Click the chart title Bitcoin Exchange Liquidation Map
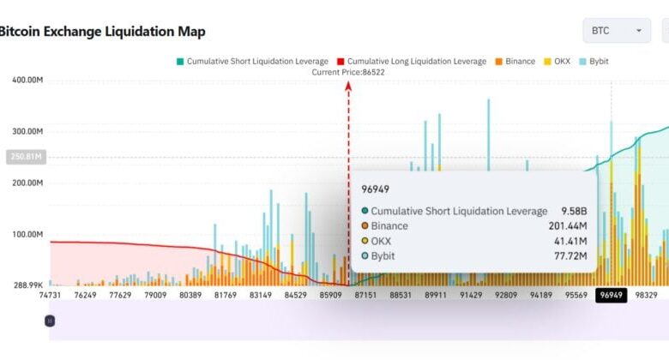click(101, 32)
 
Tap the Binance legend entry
click(515, 62)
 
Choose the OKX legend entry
click(557, 62)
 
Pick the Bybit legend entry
click(594, 62)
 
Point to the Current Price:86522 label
click(348, 73)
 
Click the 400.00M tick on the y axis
click(27, 80)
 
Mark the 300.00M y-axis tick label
click(27, 131)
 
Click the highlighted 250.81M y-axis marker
click(25, 157)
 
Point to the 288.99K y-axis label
click(27, 285)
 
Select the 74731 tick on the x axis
click(50, 296)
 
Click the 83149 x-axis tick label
click(261, 296)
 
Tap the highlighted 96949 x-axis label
click(612, 296)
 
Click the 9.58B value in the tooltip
click(573, 211)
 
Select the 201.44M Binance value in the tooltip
click(567, 226)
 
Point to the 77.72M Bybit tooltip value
click(570, 255)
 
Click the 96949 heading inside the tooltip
click(377, 188)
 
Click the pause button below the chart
click(50, 321)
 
